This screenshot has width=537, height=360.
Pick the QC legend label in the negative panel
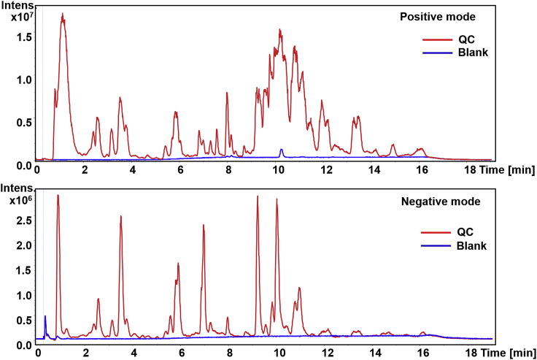[x=465, y=232]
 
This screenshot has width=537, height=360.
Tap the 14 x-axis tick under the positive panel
[x=374, y=170]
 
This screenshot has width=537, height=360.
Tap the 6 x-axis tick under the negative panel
[x=181, y=352]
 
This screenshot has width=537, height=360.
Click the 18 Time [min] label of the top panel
[x=501, y=170]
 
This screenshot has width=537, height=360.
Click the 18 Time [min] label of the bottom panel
[x=501, y=352]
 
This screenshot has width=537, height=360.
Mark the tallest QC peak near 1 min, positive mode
[x=63, y=15]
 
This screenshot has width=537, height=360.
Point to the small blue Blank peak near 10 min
[x=282, y=150]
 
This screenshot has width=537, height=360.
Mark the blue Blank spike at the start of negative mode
[x=45, y=317]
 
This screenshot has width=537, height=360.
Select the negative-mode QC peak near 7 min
[x=203, y=226]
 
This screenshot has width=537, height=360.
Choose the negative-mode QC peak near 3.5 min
[x=120, y=217]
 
